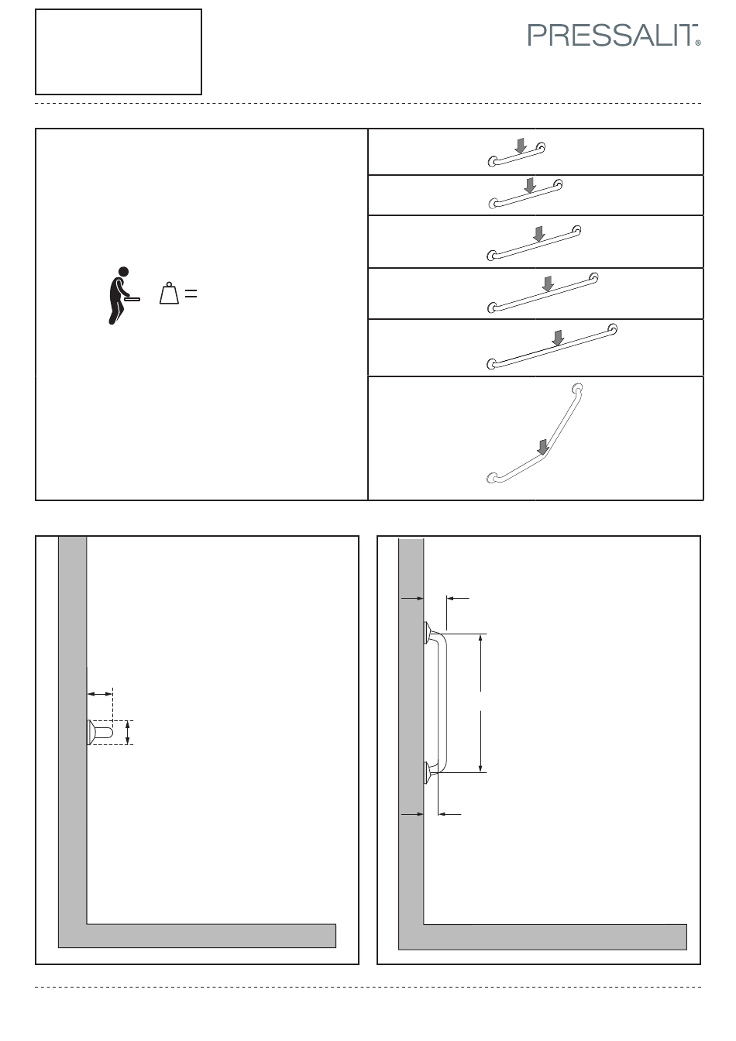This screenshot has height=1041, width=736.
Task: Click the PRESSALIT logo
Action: pos(614,36)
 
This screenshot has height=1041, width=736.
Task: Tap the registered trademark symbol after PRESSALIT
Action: pos(698,43)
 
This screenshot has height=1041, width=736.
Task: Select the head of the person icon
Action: pos(123,271)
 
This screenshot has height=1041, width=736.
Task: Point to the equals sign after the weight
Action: pos(191,294)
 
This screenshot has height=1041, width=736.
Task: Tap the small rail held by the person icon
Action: pos(132,300)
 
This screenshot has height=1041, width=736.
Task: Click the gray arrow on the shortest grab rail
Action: pos(521,146)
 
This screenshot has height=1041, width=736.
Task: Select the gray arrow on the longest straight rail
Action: pos(558,338)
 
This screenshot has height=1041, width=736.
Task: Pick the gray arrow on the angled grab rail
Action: pos(542,447)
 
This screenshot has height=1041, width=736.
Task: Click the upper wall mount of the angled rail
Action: pos(577,388)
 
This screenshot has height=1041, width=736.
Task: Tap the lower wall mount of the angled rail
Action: pos(492,478)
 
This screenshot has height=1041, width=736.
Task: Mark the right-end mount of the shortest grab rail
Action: pos(541,148)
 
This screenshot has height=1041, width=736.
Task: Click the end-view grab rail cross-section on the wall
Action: pos(100,733)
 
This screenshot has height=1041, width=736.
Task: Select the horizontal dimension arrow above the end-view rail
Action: pos(100,694)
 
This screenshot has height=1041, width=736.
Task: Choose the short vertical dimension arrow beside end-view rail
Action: pos(128,733)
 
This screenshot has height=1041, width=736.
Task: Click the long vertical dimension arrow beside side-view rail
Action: pos(480,703)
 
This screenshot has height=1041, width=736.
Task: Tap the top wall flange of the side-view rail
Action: pos(427,633)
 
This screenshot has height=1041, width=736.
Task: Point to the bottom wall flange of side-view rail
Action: pos(427,773)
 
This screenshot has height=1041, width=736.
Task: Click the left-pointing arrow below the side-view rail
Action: pos(449,814)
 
